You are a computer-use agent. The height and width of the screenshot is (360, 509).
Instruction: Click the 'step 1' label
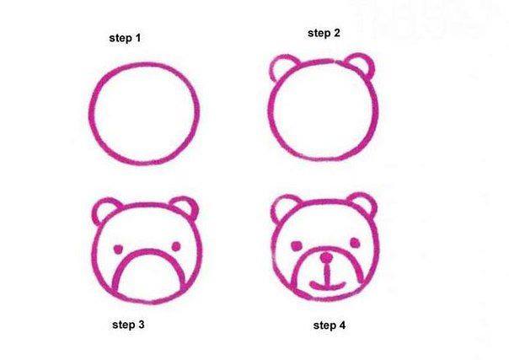[125, 38]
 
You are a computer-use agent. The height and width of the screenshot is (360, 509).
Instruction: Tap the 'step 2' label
[324, 33]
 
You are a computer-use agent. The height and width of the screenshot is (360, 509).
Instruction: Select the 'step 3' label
[128, 325]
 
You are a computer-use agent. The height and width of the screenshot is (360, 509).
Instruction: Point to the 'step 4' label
[330, 325]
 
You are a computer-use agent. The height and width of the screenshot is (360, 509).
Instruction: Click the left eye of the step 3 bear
[118, 250]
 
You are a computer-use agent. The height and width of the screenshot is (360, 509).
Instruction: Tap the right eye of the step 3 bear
[176, 247]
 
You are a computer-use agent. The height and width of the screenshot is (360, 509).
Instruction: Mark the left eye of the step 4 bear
[297, 245]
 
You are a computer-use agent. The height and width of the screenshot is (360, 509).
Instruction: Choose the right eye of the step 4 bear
[355, 243]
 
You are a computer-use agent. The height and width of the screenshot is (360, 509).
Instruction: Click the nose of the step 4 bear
[326, 258]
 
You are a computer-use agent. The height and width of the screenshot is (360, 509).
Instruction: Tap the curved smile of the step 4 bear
[327, 287]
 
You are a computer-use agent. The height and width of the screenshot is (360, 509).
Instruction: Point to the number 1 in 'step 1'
[138, 38]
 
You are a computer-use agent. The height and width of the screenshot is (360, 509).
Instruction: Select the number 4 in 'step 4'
[342, 325]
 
